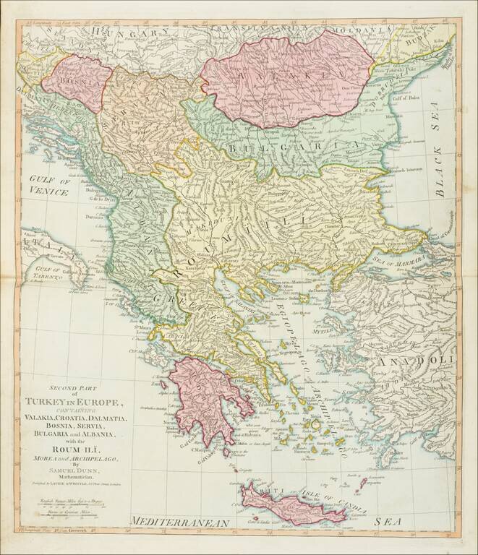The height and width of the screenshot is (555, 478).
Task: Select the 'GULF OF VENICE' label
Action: tap(45, 186)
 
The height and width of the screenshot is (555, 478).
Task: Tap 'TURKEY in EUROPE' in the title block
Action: tap(76, 402)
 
